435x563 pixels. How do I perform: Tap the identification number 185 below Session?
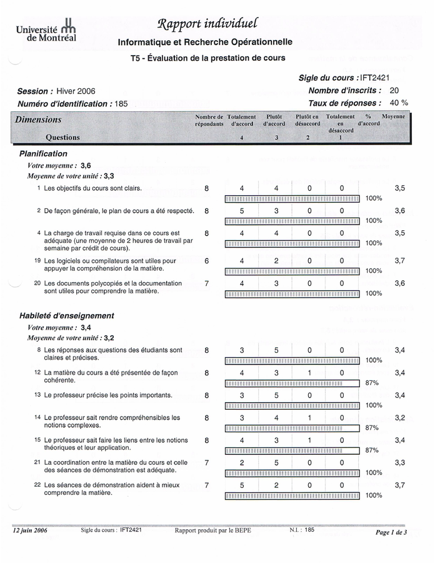tap(121, 104)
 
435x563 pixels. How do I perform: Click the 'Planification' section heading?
tap(43, 153)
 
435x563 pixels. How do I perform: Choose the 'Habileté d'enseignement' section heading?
tap(67, 316)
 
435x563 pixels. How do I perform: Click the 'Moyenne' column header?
tap(393, 117)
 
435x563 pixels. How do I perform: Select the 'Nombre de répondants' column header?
tap(209, 120)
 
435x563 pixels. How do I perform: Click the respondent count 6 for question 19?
tap(207, 261)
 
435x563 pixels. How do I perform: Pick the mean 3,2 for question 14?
tap(399, 417)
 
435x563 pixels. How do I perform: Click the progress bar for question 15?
tap(292, 450)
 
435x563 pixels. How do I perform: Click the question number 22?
tap(37, 485)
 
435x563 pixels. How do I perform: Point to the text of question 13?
tap(94, 395)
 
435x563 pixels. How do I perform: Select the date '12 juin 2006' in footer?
tap(29, 530)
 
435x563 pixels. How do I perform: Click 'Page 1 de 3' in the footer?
tap(391, 532)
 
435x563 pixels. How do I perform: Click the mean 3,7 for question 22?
tap(399, 485)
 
